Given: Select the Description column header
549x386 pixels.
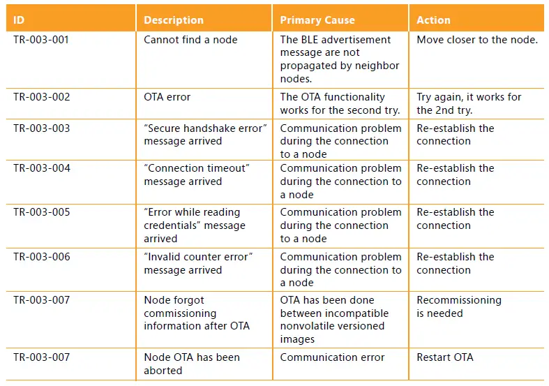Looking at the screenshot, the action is coord(174,20).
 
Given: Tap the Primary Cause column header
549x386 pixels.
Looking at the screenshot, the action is coord(317,20).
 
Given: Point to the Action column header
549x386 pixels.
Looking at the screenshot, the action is coord(433,20).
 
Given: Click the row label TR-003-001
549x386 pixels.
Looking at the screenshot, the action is coord(41,40).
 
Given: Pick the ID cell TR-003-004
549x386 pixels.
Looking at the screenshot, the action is coord(41,168).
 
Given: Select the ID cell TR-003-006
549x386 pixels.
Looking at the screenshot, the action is coord(41,257).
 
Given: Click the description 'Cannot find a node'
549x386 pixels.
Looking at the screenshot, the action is coord(190,40).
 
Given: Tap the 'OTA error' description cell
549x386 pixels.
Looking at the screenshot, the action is coord(167,97).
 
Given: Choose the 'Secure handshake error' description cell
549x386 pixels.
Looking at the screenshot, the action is coord(205,135).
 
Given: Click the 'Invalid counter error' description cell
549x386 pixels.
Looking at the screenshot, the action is coord(198,263).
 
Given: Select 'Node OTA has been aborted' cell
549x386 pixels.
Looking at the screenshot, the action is coord(191,364).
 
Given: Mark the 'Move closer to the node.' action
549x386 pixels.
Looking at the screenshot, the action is coord(477,40).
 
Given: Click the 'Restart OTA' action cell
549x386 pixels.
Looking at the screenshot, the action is coord(445,357).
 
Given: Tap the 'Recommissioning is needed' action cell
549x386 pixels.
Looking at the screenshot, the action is coord(458,306).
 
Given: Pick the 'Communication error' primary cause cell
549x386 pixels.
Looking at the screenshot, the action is coord(332,357).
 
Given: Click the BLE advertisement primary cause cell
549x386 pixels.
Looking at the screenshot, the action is coord(340,59).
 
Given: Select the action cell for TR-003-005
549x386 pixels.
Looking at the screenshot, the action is coord(455,218).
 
